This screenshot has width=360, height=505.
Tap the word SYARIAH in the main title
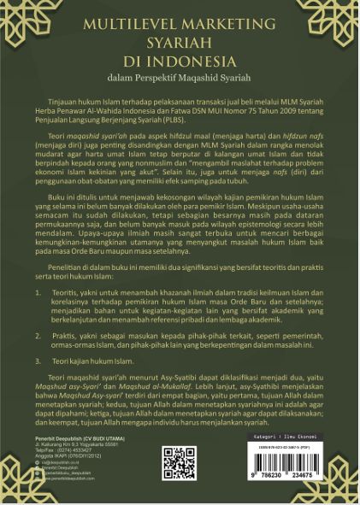(180, 43)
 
